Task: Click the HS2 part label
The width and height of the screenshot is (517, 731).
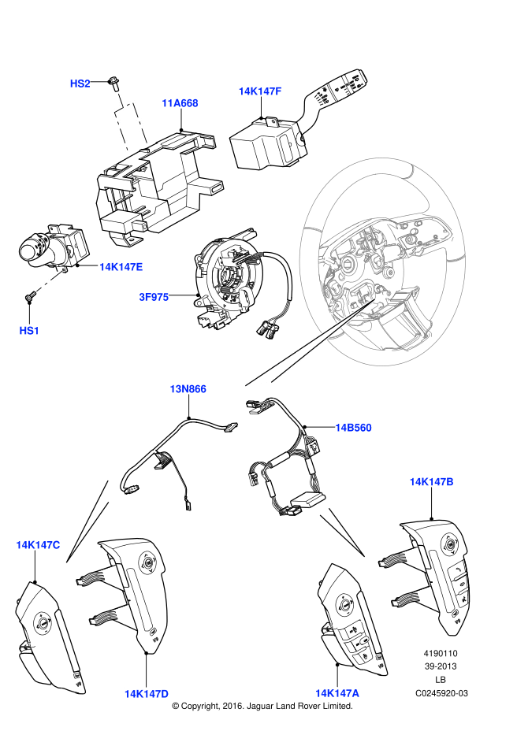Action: (x=80, y=83)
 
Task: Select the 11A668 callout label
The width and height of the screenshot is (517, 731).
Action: (x=180, y=103)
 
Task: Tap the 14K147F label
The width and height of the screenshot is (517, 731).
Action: (x=260, y=91)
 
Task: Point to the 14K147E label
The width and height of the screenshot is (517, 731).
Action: (x=121, y=267)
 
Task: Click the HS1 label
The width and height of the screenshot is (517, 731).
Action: (x=29, y=331)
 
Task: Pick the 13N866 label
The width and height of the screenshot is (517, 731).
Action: (x=188, y=389)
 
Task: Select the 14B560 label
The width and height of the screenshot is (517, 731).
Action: (x=353, y=428)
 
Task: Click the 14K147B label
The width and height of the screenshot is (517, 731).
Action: (x=431, y=481)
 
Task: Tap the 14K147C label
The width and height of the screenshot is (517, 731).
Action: (x=38, y=545)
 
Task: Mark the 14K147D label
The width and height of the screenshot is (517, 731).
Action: (x=146, y=694)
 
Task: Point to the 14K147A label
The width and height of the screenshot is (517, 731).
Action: (x=337, y=693)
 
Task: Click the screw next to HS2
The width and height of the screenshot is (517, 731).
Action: (x=115, y=80)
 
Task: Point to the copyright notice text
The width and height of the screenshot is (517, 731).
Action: (x=262, y=707)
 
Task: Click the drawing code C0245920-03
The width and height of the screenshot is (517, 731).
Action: (x=441, y=693)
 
